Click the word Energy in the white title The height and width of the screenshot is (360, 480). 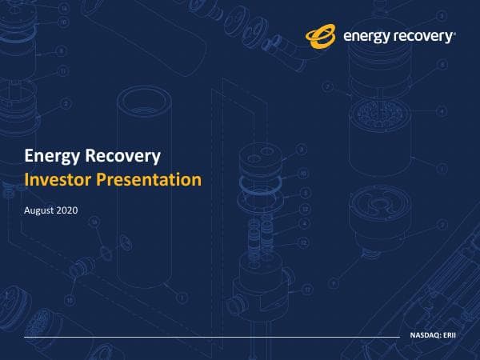(x=50, y=155)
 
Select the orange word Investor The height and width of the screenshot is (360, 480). (x=58, y=179)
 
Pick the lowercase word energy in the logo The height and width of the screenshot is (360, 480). (x=366, y=37)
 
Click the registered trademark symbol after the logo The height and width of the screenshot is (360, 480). (x=455, y=33)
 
